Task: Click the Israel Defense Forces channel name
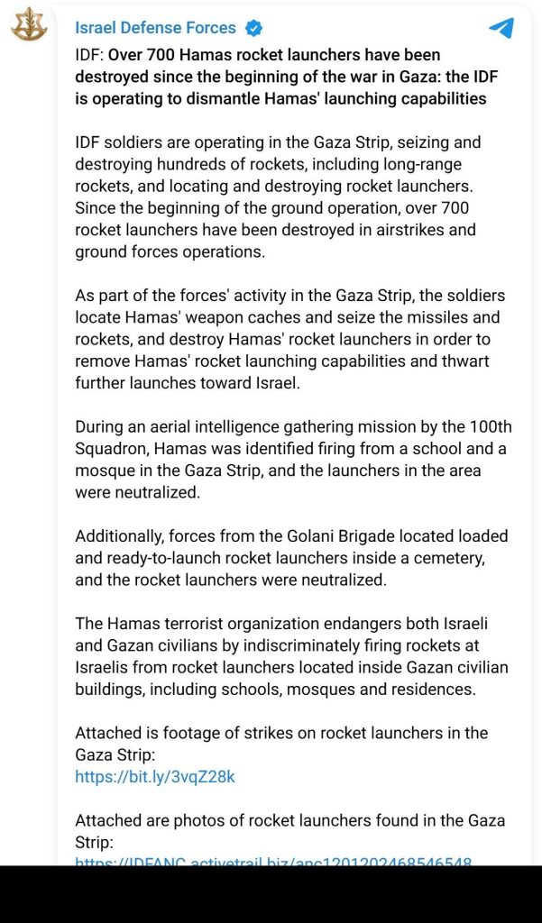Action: (155, 28)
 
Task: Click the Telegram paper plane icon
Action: (501, 28)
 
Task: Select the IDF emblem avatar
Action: (28, 24)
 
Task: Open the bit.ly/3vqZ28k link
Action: (155, 776)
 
